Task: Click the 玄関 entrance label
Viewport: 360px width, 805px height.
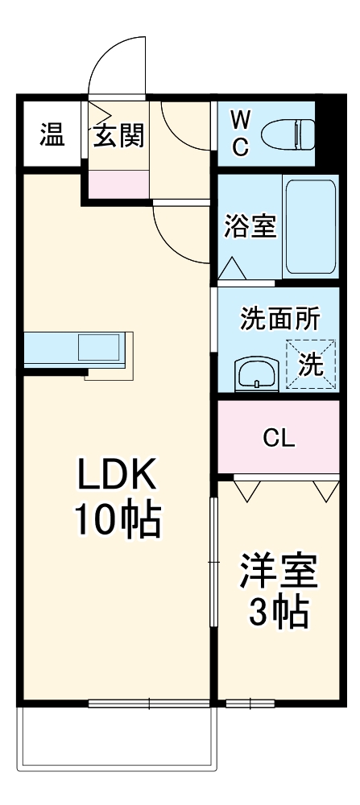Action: click(118, 136)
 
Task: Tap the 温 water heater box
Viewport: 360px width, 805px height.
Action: click(52, 135)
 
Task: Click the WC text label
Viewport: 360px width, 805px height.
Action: click(241, 134)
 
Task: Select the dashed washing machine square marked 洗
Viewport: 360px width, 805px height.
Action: click(311, 365)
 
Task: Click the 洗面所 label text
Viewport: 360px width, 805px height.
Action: click(279, 320)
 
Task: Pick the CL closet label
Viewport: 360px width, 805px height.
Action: click(279, 439)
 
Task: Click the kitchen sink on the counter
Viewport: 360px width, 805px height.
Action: click(100, 349)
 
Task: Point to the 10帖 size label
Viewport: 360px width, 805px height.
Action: click(119, 521)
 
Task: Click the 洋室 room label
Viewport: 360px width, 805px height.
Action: click(278, 573)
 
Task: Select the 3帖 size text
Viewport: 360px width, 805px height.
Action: click(278, 613)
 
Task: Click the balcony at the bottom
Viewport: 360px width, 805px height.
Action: click(118, 737)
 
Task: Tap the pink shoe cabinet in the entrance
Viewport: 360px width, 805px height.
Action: click(118, 184)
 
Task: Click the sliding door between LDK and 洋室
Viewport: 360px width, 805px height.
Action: click(213, 563)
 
